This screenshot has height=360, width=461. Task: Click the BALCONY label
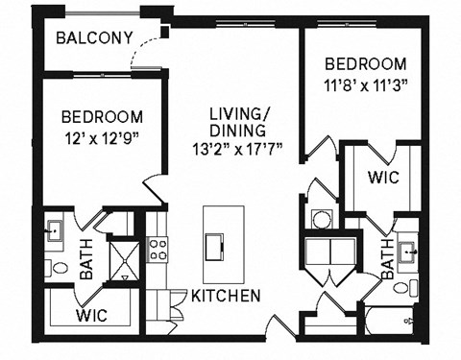(x=94, y=38)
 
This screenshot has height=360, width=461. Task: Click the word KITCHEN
(x=224, y=297)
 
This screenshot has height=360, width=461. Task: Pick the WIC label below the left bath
(x=93, y=315)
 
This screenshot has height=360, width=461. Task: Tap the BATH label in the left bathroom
(x=86, y=259)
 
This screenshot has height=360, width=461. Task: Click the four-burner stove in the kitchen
(x=158, y=251)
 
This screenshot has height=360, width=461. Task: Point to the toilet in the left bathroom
(x=57, y=270)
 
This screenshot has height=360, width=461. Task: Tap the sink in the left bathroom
(x=53, y=230)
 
